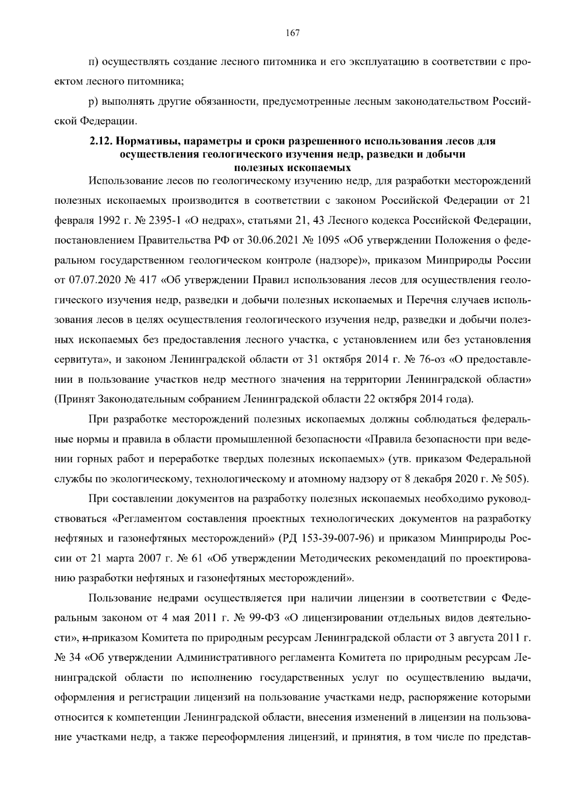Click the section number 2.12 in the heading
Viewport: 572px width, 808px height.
(x=99, y=141)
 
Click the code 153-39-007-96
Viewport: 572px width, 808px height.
(x=338, y=539)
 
